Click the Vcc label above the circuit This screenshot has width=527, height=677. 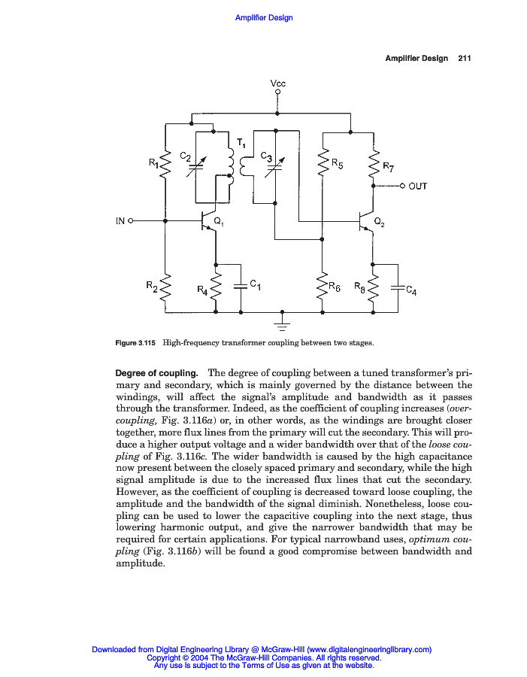coord(278,83)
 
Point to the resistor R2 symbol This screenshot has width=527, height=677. coord(165,287)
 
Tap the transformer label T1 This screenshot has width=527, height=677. coord(241,143)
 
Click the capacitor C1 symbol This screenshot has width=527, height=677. coord(241,286)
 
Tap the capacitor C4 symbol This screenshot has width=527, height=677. coord(395,287)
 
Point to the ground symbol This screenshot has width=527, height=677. coord(282,324)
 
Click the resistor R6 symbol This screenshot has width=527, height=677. coord(323,287)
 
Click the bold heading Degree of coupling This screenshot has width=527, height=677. coord(156,373)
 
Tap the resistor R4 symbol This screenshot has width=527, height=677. coord(216,287)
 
